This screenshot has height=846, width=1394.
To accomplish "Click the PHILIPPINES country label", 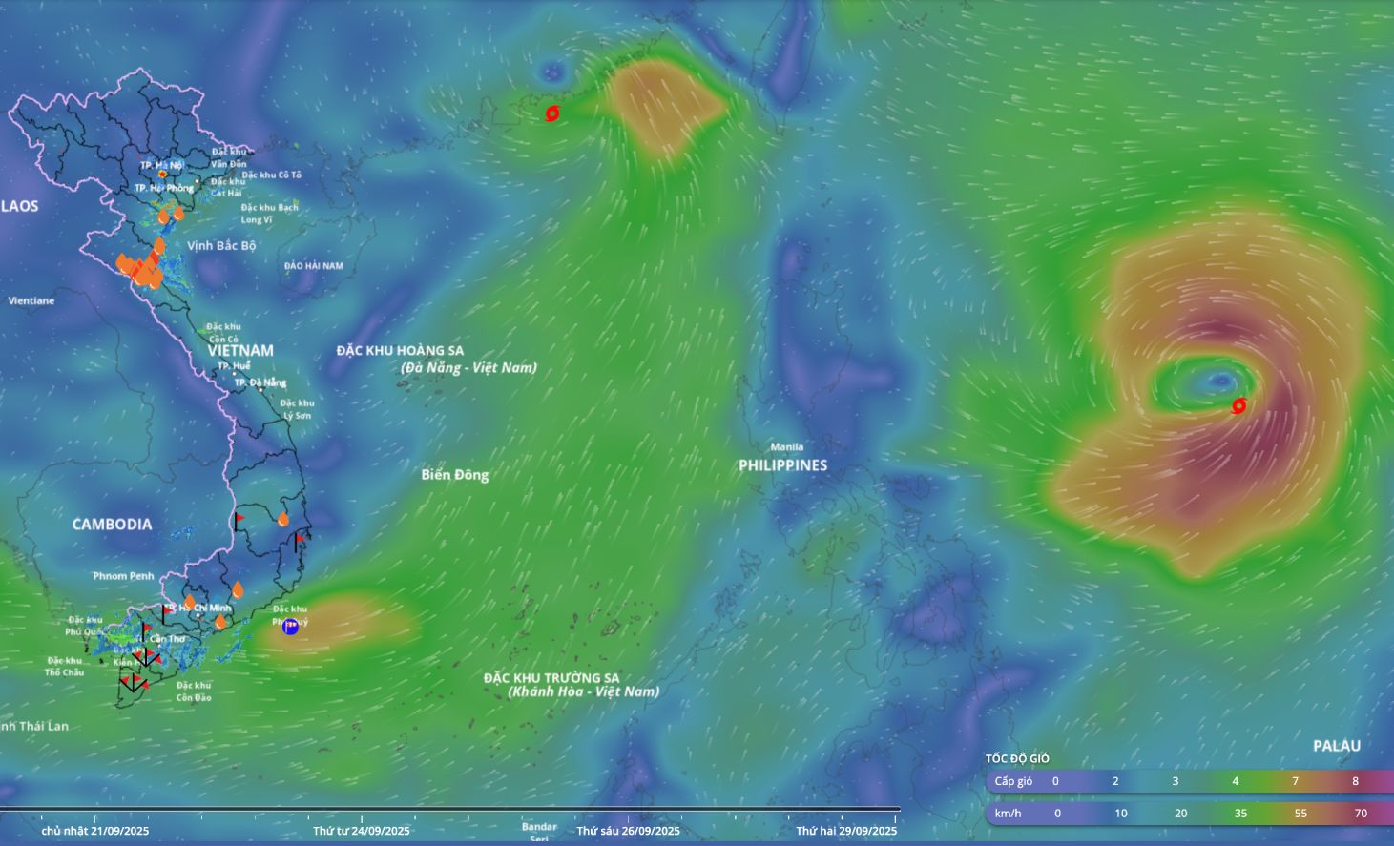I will pyautogui.click(x=782, y=465).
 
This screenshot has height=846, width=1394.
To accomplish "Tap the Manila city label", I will pyautogui.click(x=787, y=446).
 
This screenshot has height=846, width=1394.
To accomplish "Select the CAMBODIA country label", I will pyautogui.click(x=112, y=525).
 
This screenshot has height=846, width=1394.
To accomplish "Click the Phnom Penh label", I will pyautogui.click(x=123, y=576).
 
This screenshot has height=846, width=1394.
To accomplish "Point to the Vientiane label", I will pyautogui.click(x=31, y=300).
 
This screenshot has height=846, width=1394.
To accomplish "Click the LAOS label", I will pyautogui.click(x=19, y=206).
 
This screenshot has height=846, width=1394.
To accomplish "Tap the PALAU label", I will pyautogui.click(x=1336, y=746).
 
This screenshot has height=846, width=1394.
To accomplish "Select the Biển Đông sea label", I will pyautogui.click(x=455, y=475).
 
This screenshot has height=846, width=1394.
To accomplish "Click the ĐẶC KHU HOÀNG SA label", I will pyautogui.click(x=400, y=351).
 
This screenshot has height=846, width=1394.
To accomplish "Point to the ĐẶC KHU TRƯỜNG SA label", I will pyautogui.click(x=551, y=678).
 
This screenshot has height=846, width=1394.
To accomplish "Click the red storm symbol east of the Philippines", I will pyautogui.click(x=1238, y=405).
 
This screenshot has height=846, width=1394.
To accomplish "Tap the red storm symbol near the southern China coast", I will pyautogui.click(x=551, y=113).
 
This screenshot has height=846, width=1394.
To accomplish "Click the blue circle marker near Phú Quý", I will pyautogui.click(x=290, y=627).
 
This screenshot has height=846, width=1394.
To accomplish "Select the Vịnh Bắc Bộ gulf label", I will pyautogui.click(x=221, y=246).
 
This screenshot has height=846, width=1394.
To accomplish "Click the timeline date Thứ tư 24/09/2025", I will pyautogui.click(x=362, y=831).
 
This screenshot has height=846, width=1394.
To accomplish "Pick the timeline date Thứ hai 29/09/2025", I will pyautogui.click(x=846, y=831).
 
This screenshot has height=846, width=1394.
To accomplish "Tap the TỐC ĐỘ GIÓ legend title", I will pyautogui.click(x=1017, y=758).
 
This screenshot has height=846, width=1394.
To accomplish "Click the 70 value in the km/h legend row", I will pyautogui.click(x=1361, y=814).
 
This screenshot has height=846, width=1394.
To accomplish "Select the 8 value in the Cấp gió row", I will pyautogui.click(x=1355, y=781).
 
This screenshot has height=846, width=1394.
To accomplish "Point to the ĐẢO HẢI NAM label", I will pyautogui.click(x=313, y=266).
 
